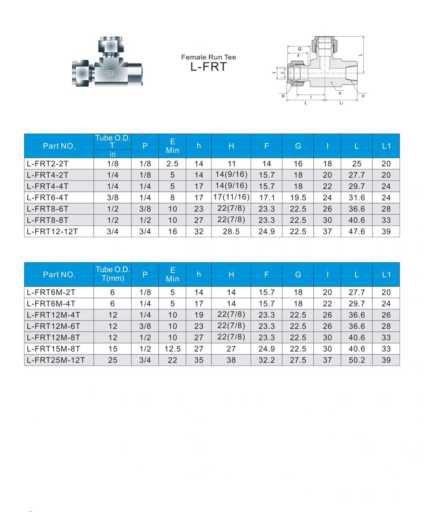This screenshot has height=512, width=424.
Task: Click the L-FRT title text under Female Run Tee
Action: tap(208, 67)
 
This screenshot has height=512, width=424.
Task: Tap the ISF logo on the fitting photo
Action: tap(111, 74)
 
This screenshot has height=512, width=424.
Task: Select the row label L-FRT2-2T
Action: tap(47, 163)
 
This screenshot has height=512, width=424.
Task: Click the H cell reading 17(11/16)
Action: tap(231, 197)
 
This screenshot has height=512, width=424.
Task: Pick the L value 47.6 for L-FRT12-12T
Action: tap(357, 231)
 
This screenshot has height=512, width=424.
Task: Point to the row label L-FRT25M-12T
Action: tap(56, 360)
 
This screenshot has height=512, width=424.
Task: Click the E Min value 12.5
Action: tap(172, 349)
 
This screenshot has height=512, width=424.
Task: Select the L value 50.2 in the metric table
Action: tap(357, 360)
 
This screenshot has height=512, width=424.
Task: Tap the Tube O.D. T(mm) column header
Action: tap(113, 274)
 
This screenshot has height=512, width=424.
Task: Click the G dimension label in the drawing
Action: tap(299, 49)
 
